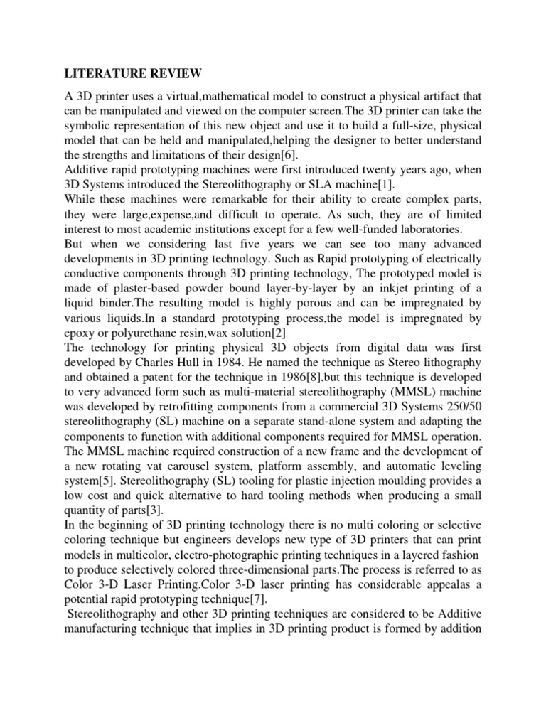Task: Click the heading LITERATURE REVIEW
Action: [x=134, y=73]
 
